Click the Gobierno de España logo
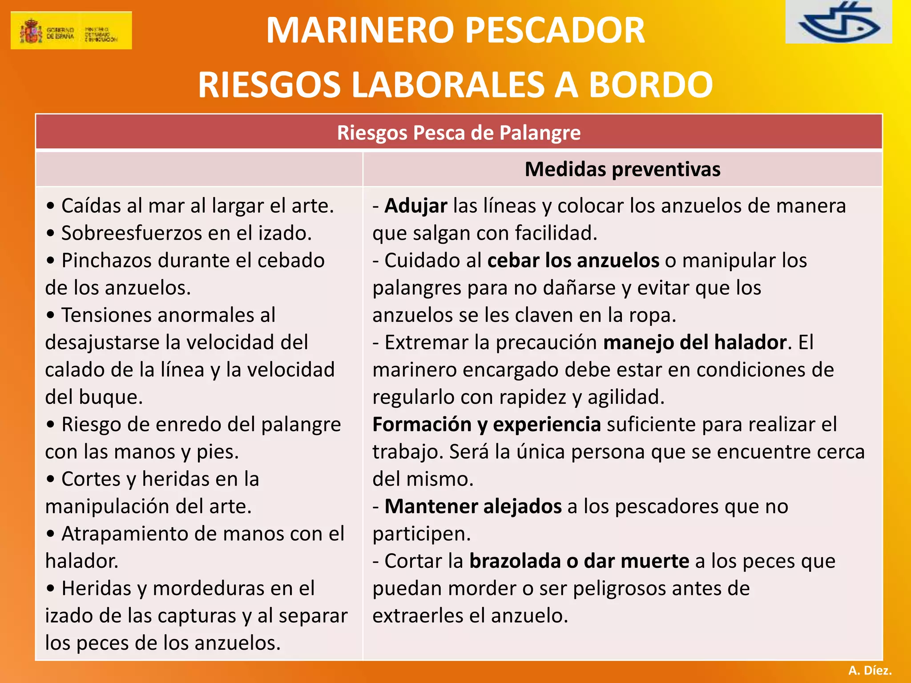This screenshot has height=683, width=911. coord(71,30)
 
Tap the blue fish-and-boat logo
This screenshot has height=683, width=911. coord(838,22)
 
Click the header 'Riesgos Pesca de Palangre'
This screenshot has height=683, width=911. coord(459,133)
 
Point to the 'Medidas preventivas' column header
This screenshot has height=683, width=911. coord(622,169)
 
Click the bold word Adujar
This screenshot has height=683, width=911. coord(416,206)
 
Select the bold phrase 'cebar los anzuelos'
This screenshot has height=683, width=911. coord(573,261)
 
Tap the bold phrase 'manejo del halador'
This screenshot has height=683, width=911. coord(695,342)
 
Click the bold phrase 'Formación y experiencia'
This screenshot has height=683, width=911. coord(487,424)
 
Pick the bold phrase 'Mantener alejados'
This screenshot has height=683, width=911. coord(473,506)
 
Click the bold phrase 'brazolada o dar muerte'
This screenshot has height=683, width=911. coord(579,561)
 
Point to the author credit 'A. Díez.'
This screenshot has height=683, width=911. coord(870,670)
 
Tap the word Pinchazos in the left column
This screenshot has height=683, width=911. coord(106,261)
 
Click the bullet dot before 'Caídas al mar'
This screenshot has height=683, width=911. coord(51,206)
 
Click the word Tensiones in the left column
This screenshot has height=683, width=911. coord(106,315)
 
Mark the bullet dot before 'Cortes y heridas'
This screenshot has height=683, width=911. coord(51,479)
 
